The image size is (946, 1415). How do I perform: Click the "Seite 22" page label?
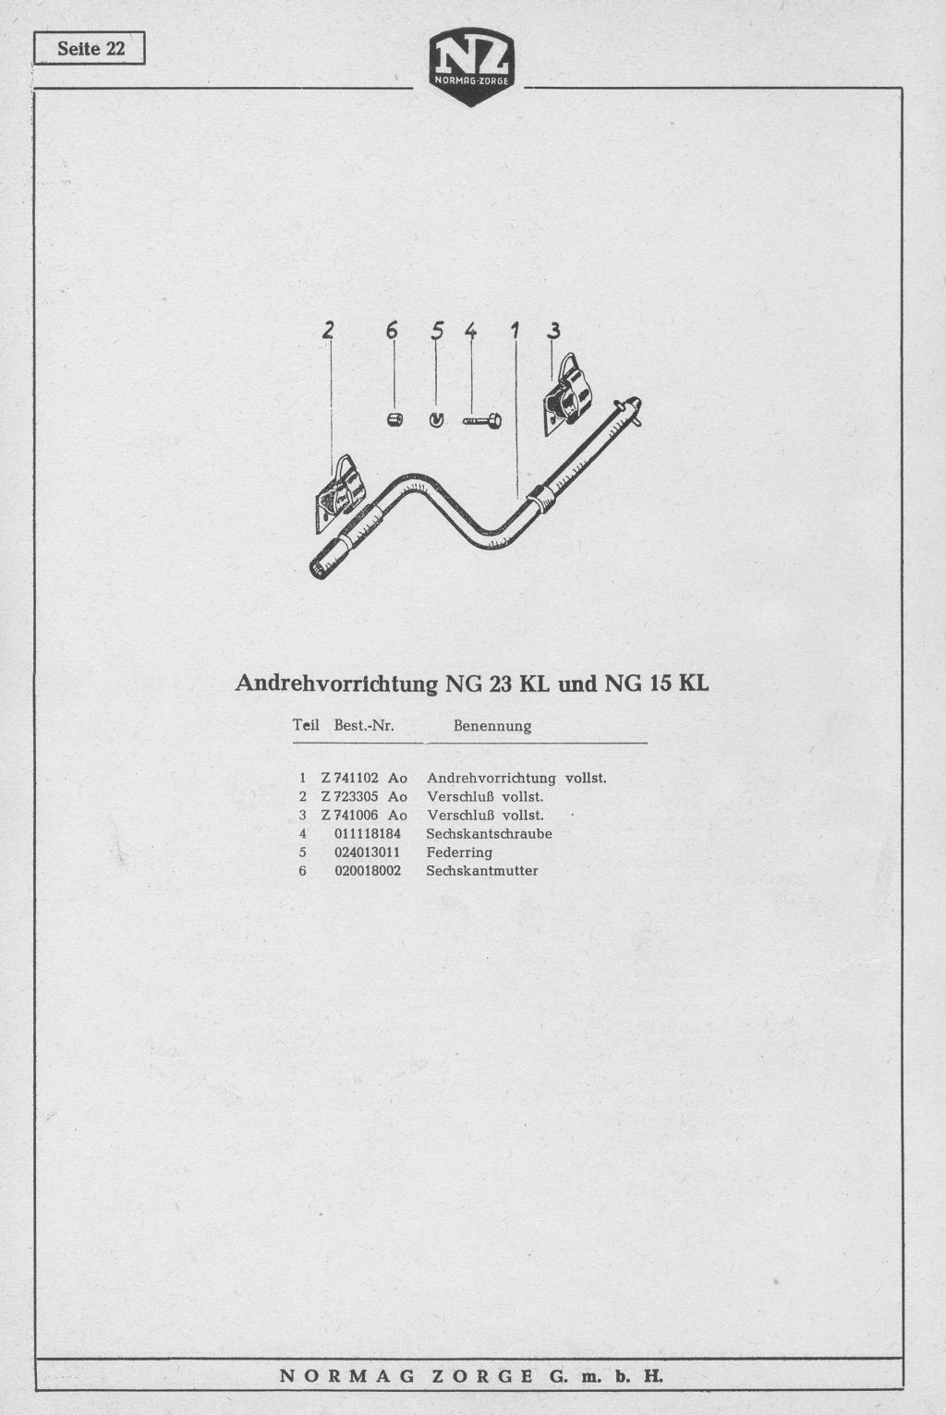tap(91, 49)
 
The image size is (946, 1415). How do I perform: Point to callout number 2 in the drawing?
tap(327, 330)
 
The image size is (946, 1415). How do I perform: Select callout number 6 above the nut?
tap(393, 330)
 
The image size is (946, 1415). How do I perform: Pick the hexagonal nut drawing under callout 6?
tap(395, 419)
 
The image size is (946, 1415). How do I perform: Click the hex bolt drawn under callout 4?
tap(482, 420)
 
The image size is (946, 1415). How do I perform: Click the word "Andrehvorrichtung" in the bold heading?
tap(336, 683)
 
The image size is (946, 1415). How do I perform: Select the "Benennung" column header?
tap(492, 726)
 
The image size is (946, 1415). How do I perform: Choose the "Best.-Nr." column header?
tap(364, 725)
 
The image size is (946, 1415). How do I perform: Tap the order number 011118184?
tap(367, 834)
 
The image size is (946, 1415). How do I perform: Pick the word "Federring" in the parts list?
tap(459, 853)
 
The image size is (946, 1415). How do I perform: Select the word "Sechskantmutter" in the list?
tap(482, 870)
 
